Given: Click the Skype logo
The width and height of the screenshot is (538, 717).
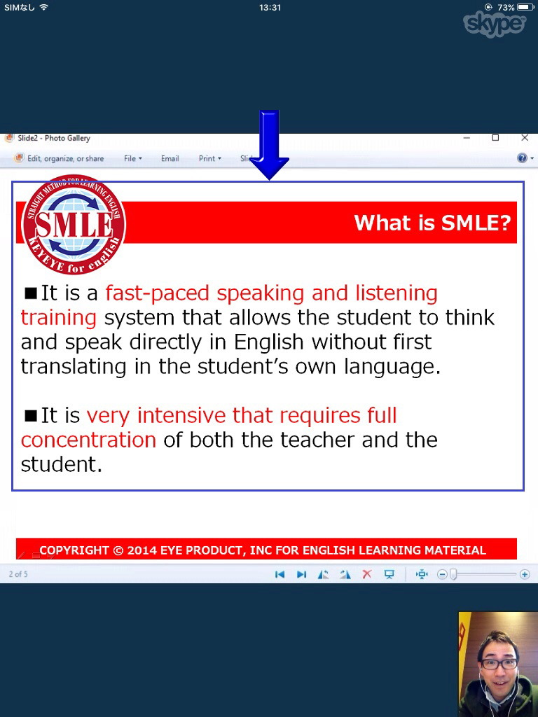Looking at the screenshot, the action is [x=495, y=24].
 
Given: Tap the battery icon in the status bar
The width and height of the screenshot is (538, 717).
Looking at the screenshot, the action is [x=525, y=7].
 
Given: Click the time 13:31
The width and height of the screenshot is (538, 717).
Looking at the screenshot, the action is [x=270, y=8].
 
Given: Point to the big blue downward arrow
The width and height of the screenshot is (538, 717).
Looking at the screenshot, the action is [x=269, y=145].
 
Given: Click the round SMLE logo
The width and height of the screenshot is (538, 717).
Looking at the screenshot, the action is [x=74, y=225].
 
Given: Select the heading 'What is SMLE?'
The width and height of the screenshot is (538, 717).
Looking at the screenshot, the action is [x=432, y=223].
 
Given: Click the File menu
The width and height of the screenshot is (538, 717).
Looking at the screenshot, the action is [x=132, y=158].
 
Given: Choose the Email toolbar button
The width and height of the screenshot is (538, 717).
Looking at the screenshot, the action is [x=170, y=158].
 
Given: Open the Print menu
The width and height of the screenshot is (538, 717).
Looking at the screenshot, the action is [x=209, y=158].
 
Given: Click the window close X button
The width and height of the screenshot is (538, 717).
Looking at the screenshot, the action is [x=525, y=138].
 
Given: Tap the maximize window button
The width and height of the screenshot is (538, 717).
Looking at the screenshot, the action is [x=495, y=138].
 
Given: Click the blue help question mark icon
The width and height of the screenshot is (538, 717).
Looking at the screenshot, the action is [x=522, y=158].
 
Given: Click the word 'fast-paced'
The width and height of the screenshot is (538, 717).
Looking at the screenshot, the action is [x=157, y=294].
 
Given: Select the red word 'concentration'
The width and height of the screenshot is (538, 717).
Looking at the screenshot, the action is [x=88, y=440].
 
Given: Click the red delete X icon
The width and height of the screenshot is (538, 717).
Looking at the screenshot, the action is [x=367, y=574].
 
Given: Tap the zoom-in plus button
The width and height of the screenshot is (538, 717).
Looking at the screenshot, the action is [x=525, y=574].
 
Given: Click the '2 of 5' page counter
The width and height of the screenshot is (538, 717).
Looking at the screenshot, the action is [x=18, y=574].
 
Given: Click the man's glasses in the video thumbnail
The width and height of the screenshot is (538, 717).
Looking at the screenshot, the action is [x=499, y=664].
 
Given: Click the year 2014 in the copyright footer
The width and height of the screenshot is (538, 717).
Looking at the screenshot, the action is [x=142, y=550].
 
